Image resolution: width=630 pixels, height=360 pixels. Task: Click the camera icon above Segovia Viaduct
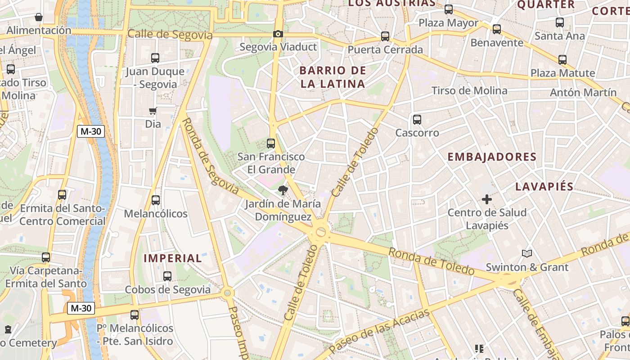pyautogui.click(x=278, y=34)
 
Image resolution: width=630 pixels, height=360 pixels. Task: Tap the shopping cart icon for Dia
pyautogui.click(x=153, y=111)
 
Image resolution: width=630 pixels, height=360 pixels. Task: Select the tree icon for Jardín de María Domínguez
pyautogui.click(x=283, y=190)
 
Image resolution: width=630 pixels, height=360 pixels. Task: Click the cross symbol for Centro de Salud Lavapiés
pyautogui.click(x=486, y=199)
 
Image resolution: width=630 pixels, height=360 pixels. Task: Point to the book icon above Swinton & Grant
pyautogui.click(x=526, y=254)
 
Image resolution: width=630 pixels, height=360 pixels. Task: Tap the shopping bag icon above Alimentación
pyautogui.click(x=39, y=18)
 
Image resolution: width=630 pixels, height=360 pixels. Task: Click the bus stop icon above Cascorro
pyautogui.click(x=417, y=120)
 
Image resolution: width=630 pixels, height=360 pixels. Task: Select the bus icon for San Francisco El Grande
pyautogui.click(x=271, y=144)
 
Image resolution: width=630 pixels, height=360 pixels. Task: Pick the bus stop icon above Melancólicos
pyautogui.click(x=156, y=200)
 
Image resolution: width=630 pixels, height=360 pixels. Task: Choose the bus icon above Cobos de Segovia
pyautogui.click(x=167, y=276)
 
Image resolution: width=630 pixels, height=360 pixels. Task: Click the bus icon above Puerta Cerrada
pyautogui.click(x=385, y=36)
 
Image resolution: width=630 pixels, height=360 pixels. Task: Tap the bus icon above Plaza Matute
pyautogui.click(x=562, y=60)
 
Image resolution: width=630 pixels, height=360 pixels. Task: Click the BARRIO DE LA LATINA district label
pyautogui.click(x=333, y=77)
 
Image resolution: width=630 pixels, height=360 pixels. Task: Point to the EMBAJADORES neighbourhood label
pyautogui.click(x=492, y=157)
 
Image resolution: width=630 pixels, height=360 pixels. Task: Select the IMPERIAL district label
pyautogui.click(x=173, y=258)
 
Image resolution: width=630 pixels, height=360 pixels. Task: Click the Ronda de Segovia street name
pyautogui.click(x=211, y=156)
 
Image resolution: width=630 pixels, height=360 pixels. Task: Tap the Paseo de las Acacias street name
pyautogui.click(x=379, y=331)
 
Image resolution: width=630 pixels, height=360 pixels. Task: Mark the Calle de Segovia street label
pyautogui.click(x=170, y=35)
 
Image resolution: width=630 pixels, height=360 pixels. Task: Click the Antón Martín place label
pyautogui.click(x=583, y=92)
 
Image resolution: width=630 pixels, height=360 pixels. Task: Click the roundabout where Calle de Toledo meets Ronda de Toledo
pyautogui.click(x=321, y=232)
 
